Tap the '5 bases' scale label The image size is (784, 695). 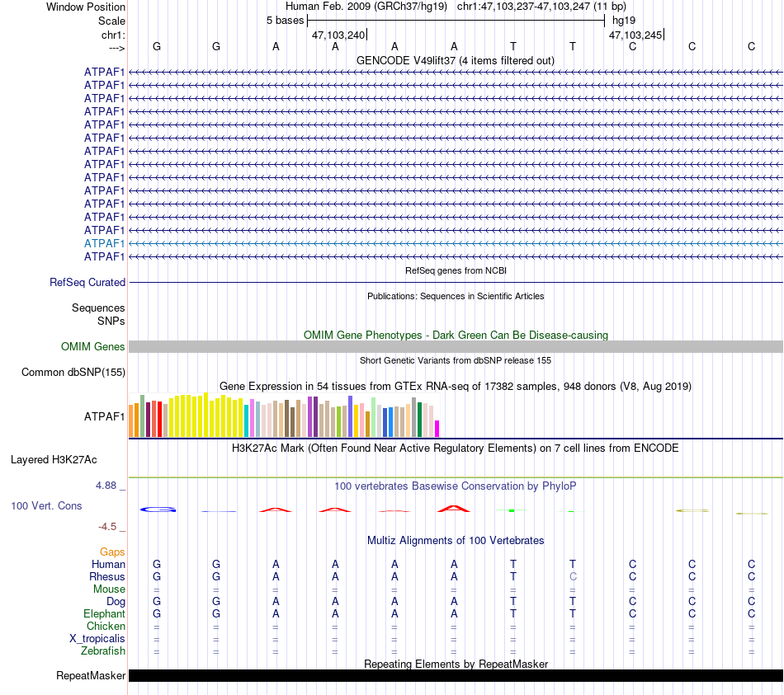[x=285, y=21]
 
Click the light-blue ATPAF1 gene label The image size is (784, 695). [x=104, y=243]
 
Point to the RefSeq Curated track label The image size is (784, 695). [x=87, y=282]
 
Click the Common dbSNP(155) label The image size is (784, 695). [x=73, y=372]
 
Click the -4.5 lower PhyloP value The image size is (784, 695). [x=109, y=526]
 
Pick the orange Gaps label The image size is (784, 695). [x=112, y=552]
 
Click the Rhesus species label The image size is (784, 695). [x=108, y=576]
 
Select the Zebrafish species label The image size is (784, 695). [x=103, y=650]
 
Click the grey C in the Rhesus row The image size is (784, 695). [x=573, y=576]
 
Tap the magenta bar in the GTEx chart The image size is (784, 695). [x=437, y=428]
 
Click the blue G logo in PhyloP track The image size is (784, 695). [x=158, y=510]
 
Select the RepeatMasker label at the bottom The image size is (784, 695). [x=91, y=676]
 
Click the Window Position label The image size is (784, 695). [x=86, y=7]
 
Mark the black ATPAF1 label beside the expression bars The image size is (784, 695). [x=104, y=416]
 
